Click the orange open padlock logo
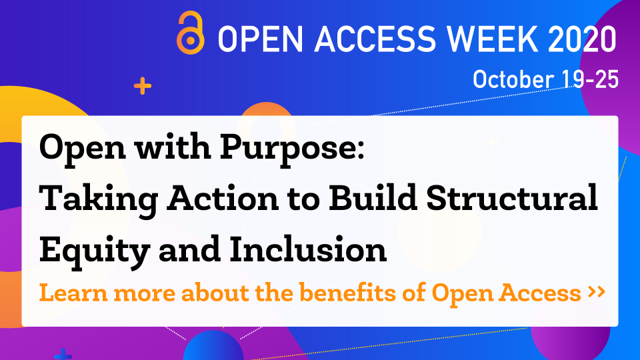(x=190, y=33)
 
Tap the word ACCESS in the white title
(x=375, y=39)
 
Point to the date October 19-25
(x=546, y=79)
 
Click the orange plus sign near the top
(x=143, y=86)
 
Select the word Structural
(x=512, y=197)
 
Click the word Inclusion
(x=308, y=249)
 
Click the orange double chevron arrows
(x=596, y=291)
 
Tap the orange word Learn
(x=73, y=293)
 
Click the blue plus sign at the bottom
(x=63, y=355)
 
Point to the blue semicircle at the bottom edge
(x=213, y=346)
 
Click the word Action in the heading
(x=223, y=197)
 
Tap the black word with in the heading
(x=173, y=147)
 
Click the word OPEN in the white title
(x=261, y=39)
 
